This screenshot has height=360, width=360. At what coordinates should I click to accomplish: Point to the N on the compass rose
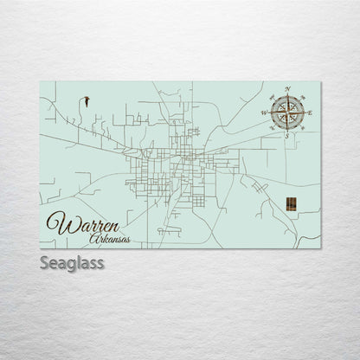286,88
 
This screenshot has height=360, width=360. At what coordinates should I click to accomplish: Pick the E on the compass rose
309,112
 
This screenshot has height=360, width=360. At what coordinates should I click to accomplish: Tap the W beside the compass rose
265,112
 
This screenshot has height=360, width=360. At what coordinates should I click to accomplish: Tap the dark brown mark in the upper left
87,101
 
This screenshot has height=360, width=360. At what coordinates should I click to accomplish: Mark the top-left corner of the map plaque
41,81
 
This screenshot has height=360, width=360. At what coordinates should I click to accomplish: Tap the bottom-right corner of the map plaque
322,247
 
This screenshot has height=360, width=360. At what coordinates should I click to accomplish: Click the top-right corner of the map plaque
322,81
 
